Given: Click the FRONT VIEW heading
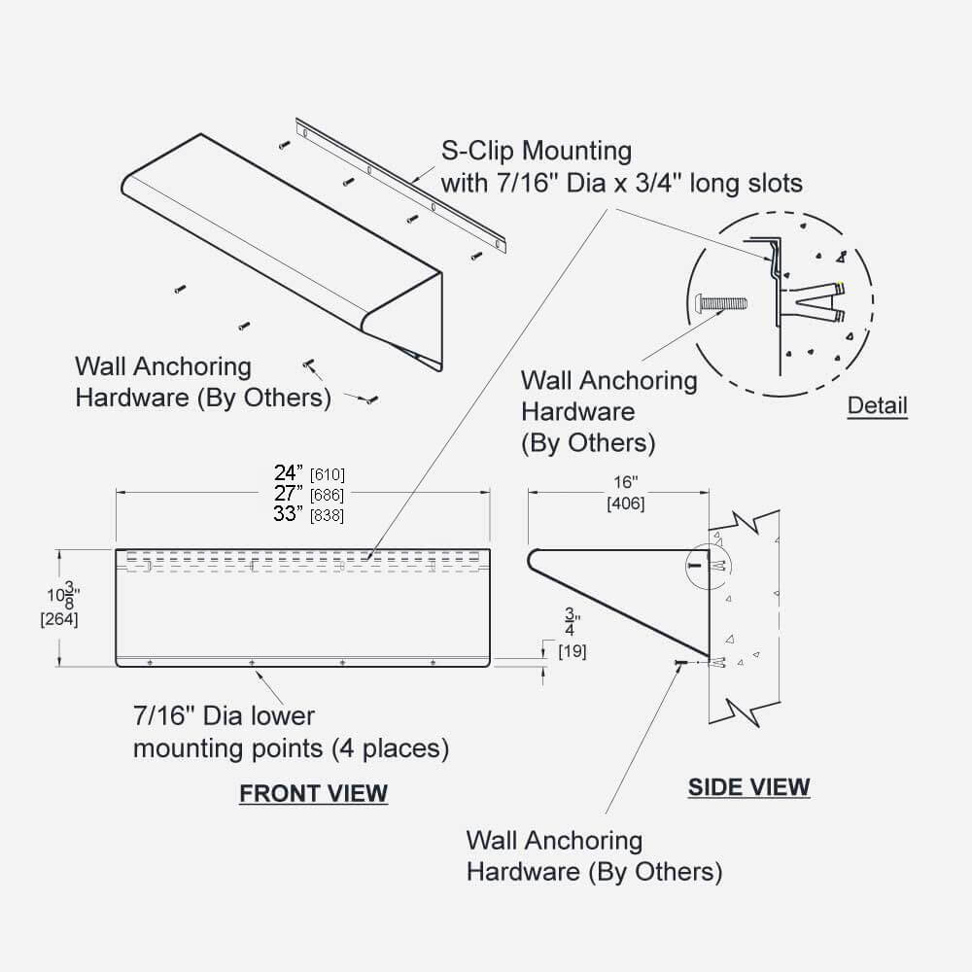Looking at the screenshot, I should [x=313, y=793].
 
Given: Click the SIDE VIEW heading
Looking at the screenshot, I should [x=748, y=786].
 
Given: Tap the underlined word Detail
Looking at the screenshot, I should [x=877, y=405].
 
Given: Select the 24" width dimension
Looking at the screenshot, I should [x=289, y=473].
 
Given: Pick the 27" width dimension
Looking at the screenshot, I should [x=289, y=494].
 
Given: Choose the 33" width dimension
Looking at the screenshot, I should [x=289, y=515].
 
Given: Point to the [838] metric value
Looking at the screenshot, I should [x=327, y=516].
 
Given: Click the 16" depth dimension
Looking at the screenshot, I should [x=625, y=483].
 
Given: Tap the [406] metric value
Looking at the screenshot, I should [x=625, y=503].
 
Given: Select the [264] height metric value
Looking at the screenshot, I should [x=59, y=619].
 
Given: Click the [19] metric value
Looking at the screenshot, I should [x=572, y=651].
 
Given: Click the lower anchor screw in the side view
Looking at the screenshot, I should [x=680, y=662].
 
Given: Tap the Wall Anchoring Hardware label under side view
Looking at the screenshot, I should [x=593, y=856].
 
